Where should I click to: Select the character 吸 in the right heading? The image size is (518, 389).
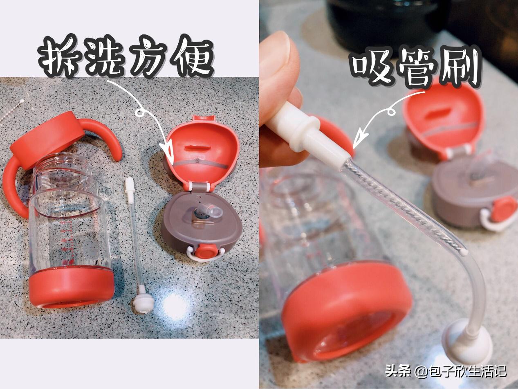coord(369,68)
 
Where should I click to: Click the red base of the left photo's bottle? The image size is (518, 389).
coord(72,286)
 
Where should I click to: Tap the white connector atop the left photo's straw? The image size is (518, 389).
coord(130,190)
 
